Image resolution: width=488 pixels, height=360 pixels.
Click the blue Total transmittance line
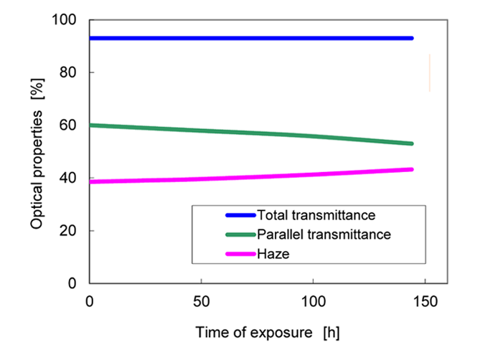(251, 38)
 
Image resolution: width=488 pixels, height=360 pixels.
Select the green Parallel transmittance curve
(251, 133)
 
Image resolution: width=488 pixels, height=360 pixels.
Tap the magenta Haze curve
(251, 176)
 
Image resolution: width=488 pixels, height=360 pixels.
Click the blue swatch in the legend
(240, 214)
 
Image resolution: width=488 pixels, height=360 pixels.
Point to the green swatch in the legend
(240, 235)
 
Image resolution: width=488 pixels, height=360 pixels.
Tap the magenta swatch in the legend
(240, 254)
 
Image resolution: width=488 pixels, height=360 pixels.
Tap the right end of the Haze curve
(411, 169)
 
